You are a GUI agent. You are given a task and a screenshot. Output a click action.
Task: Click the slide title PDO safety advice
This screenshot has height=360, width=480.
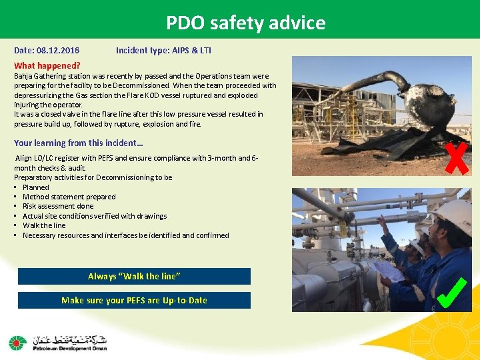[246, 23]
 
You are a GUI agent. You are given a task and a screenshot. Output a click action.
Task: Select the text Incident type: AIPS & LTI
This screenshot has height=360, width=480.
[163, 51]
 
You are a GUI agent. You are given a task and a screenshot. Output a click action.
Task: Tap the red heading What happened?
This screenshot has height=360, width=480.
[47, 65]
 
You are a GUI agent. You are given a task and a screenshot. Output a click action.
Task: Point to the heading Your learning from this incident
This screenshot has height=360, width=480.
[78, 143]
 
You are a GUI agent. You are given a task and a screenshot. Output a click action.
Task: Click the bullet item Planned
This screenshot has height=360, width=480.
[36, 187]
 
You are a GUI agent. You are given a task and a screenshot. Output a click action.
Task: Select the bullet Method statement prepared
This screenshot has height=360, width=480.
[69, 197]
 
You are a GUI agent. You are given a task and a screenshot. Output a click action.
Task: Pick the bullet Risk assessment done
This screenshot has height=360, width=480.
[58, 206]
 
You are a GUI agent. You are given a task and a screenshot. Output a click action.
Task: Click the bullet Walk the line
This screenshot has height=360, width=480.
[44, 225]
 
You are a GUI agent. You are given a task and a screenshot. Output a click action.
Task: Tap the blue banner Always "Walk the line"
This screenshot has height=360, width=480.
[134, 276]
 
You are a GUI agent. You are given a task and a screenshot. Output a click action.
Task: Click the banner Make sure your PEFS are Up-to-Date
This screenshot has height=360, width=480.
[134, 300]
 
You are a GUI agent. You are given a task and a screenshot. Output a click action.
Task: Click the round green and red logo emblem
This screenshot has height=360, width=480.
[18, 343]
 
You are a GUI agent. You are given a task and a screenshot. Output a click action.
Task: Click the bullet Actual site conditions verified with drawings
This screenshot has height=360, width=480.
[95, 216]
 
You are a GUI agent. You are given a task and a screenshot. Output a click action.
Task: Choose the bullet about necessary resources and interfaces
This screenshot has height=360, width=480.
[125, 235]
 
